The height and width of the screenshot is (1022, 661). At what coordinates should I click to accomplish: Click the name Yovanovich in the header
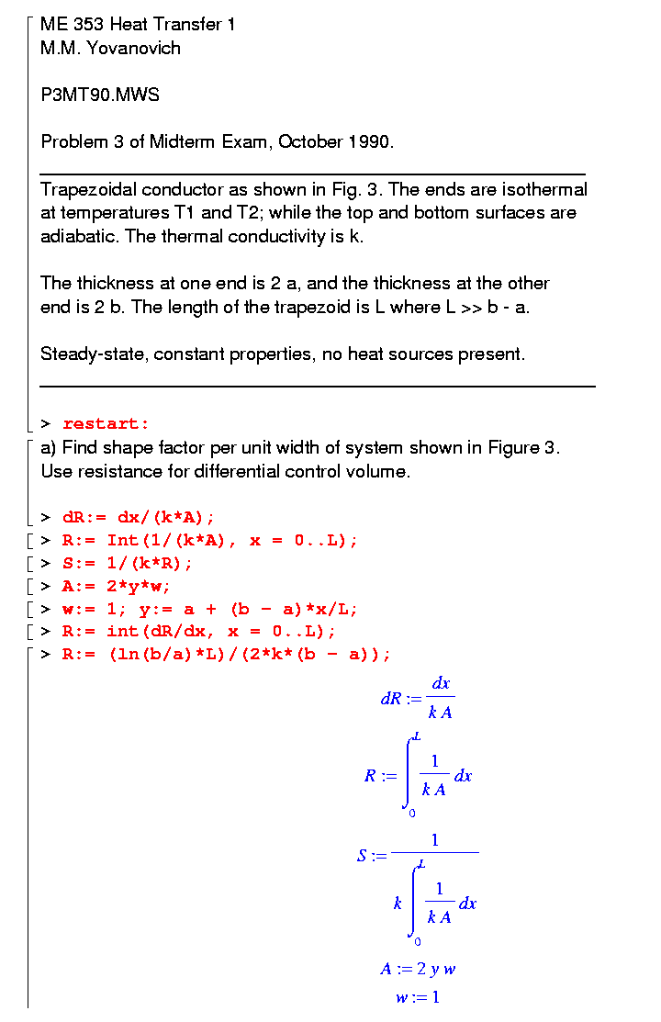(x=133, y=48)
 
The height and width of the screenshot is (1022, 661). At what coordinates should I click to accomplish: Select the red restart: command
(x=106, y=423)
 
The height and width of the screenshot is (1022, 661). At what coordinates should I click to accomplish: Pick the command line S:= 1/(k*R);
(x=128, y=563)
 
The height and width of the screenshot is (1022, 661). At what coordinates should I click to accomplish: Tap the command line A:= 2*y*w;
(x=117, y=586)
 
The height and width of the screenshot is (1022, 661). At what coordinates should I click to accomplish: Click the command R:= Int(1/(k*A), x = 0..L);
(x=210, y=540)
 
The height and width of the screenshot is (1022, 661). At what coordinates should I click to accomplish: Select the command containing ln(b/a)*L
(x=226, y=655)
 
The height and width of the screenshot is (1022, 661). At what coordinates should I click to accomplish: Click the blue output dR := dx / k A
(x=418, y=699)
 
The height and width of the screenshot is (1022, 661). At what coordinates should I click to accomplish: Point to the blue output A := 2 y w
(x=418, y=969)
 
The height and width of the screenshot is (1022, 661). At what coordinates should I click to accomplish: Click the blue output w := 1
(x=418, y=998)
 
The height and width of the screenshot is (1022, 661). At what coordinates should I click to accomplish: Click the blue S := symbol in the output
(x=372, y=857)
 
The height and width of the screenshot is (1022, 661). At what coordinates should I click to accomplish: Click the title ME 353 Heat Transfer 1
(x=138, y=24)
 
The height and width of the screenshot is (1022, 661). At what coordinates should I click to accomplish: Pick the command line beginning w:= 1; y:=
(x=210, y=609)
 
